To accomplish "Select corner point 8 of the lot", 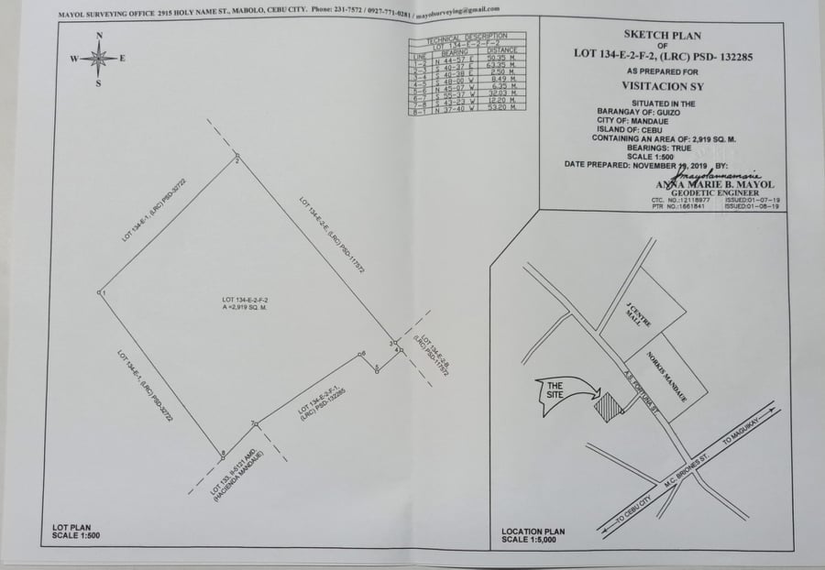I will click(x=220, y=453).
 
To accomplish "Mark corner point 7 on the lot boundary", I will click(x=254, y=423).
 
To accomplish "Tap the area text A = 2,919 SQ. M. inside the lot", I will click(x=245, y=308).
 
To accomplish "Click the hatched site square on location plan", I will click(x=605, y=401).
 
